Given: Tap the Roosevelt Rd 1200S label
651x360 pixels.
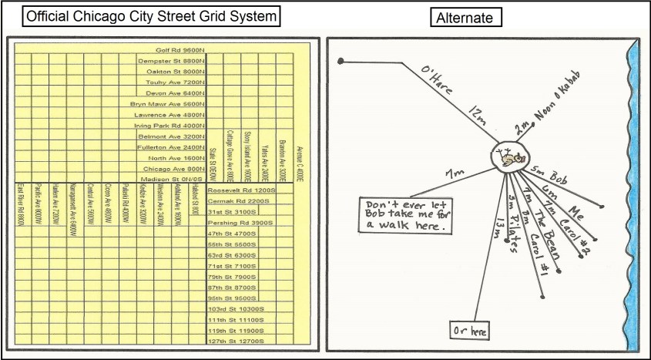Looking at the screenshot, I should (241, 190).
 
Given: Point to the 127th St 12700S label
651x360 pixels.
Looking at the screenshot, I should (235, 340).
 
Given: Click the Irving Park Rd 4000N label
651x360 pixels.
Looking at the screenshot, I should (169, 125).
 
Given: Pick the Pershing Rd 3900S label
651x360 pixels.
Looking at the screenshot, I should (239, 222).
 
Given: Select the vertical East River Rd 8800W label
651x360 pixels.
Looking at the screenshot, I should (21, 204).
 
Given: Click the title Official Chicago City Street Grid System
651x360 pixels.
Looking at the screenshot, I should (150, 16).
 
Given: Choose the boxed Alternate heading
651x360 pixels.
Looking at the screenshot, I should (465, 16).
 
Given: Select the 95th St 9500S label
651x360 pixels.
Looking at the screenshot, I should (236, 298).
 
